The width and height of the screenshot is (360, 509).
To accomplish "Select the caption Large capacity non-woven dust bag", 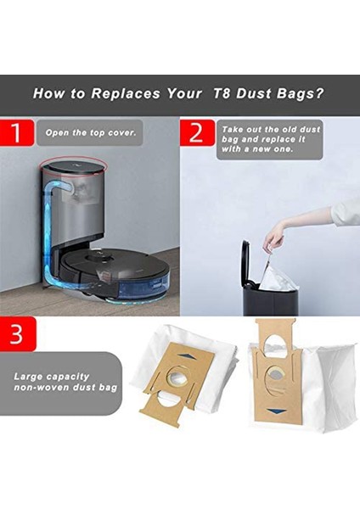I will tap(64, 382).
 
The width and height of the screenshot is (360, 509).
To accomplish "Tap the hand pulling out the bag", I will tap(273, 241).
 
